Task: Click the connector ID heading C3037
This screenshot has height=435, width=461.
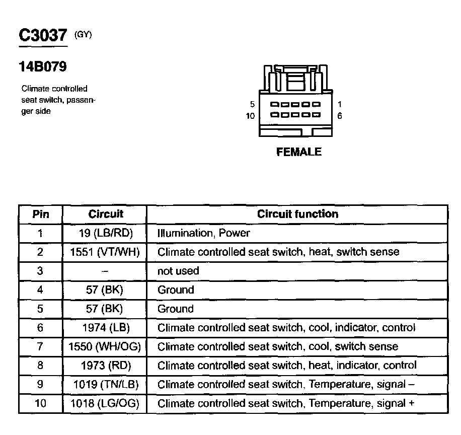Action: [x=42, y=35]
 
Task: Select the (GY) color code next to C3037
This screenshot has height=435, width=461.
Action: [x=83, y=35]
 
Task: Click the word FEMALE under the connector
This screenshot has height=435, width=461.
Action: [x=299, y=152]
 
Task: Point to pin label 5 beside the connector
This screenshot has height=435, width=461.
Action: [x=253, y=105]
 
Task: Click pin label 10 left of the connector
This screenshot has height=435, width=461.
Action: [x=251, y=116]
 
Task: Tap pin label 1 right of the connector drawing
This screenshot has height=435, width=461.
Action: [x=340, y=105]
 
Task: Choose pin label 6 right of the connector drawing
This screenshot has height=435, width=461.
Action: [x=340, y=116]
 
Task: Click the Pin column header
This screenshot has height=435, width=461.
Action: [x=41, y=214]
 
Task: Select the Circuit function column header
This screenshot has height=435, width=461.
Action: [x=297, y=214]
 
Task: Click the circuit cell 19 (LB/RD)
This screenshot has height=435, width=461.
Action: [x=106, y=233]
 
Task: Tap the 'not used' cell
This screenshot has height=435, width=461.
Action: [x=178, y=271]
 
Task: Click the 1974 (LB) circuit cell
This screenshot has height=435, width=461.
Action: [x=106, y=328]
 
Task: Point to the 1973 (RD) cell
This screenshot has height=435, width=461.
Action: [x=106, y=366]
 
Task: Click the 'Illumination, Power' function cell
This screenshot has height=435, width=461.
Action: [x=203, y=233]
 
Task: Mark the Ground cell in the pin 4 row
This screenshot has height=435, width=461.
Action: [x=176, y=290]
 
